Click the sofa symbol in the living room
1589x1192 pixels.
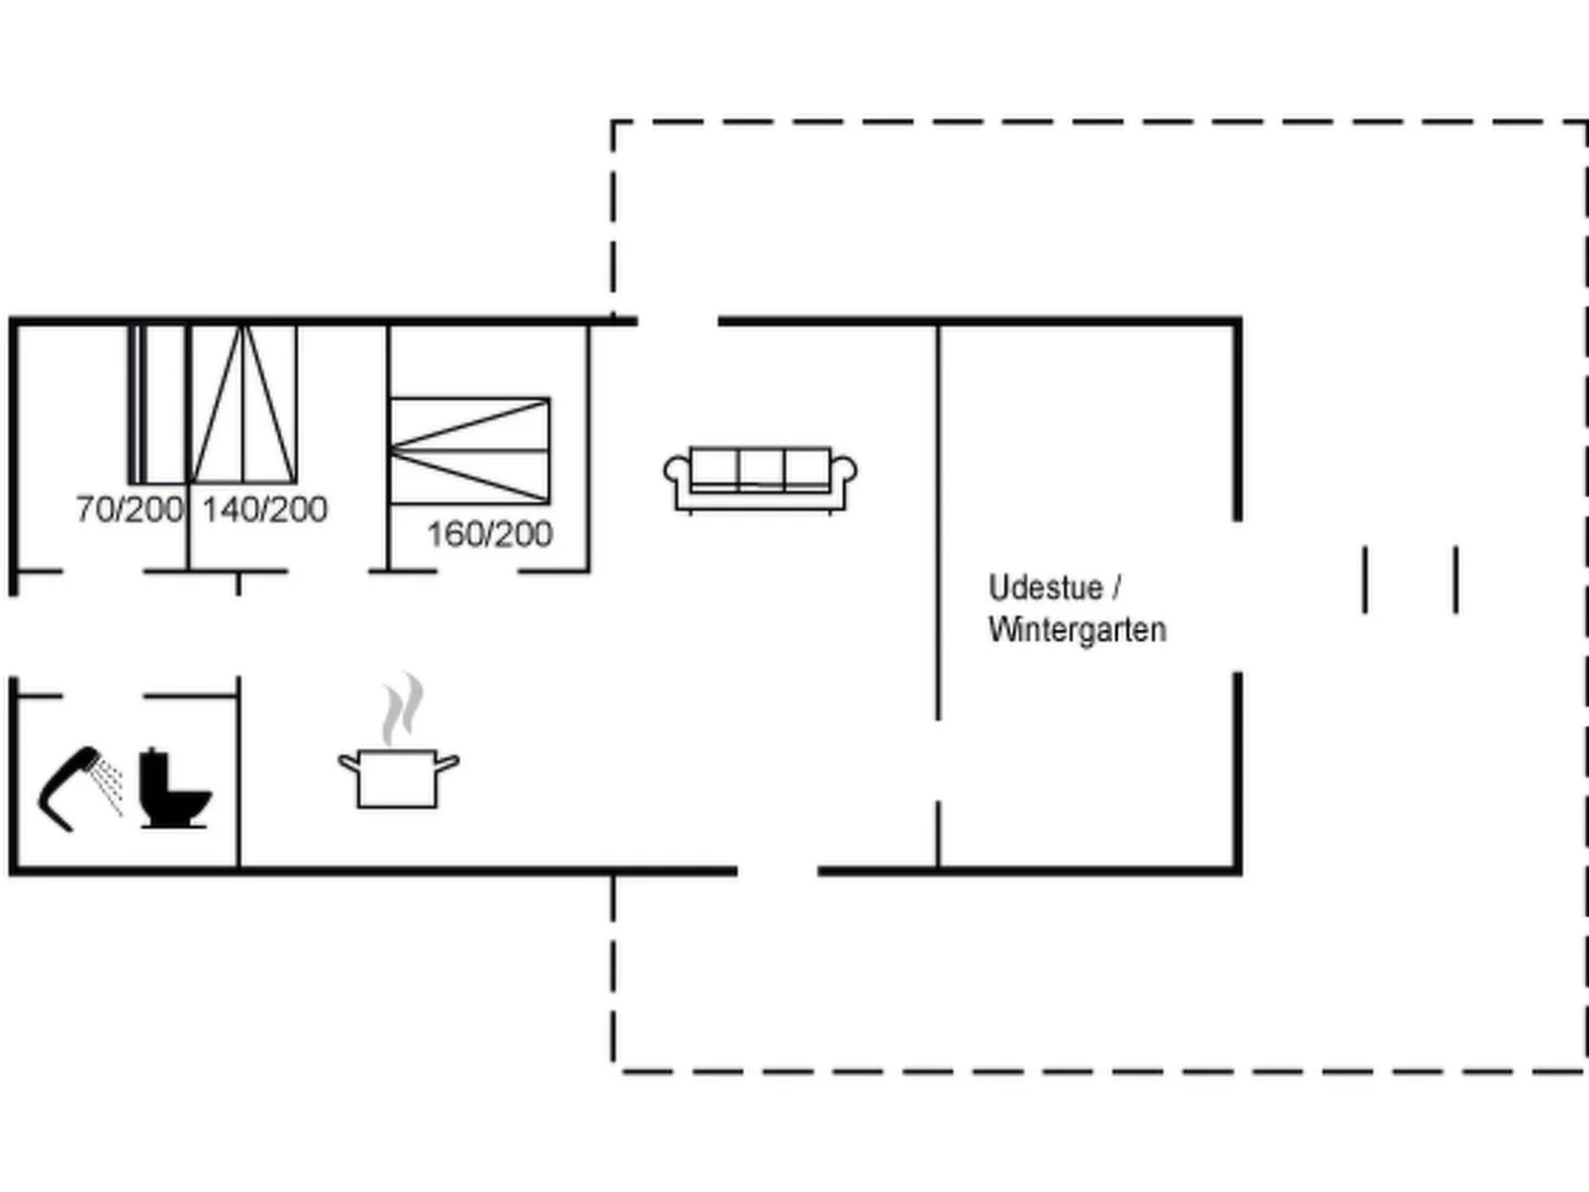tap(760, 480)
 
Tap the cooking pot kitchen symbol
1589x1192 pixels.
tap(397, 779)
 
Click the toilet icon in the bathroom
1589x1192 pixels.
tap(173, 788)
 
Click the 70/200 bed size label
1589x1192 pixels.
tap(130, 509)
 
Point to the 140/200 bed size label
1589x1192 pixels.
tap(264, 509)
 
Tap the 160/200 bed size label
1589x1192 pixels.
tap(489, 534)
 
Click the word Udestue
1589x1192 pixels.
tap(1045, 588)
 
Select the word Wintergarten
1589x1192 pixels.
tap(1076, 629)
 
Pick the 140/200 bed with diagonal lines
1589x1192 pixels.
tap(243, 404)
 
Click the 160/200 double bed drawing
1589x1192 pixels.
tap(469, 451)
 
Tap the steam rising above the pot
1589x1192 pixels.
tap(404, 708)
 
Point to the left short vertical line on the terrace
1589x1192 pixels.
tap(1365, 580)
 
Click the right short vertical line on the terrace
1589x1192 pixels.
tap(1455, 580)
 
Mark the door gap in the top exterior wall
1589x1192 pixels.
tap(678, 321)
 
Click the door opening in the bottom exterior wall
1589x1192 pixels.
tap(778, 871)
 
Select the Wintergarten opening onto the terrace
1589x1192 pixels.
tap(1237, 596)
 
